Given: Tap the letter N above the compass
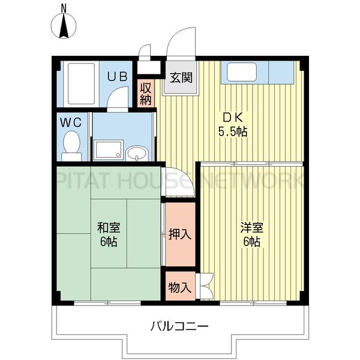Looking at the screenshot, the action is point(64,9).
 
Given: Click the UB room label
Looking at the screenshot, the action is point(118,76).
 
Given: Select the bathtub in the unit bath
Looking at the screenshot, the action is point(81,83).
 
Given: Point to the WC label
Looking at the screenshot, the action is point(71,122).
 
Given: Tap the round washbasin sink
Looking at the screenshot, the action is point(137,153).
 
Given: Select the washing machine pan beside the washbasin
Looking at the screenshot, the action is point(109,149).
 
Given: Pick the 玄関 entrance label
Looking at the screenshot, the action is point(181,77).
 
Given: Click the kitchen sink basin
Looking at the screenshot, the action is point(242,71).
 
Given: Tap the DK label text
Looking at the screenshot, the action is point(233,118).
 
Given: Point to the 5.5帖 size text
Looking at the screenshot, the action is point(233,132).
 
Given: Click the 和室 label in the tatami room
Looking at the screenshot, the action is point(109,227).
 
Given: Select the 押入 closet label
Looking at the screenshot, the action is point(180,234).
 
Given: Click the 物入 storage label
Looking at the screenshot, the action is point(180,287).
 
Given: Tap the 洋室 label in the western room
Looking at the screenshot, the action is point(251,227).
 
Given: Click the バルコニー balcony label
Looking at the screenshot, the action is point(179,326).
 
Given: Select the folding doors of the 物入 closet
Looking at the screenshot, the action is point(206,286).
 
